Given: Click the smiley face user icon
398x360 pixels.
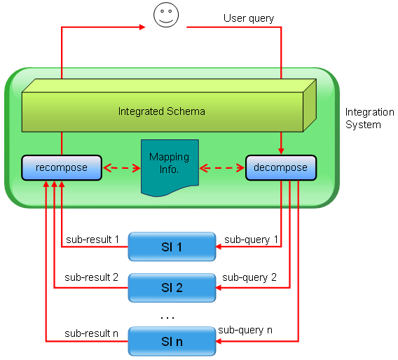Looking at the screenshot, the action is [x=166, y=15].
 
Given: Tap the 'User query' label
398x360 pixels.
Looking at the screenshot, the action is [x=249, y=18].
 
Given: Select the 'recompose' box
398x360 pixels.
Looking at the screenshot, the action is [x=62, y=167].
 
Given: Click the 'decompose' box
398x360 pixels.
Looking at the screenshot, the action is [x=281, y=167].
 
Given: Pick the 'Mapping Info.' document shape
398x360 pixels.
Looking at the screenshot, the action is [x=170, y=167].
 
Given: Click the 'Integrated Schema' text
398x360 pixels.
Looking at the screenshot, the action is [x=162, y=111].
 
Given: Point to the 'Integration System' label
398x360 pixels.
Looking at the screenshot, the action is [x=369, y=118].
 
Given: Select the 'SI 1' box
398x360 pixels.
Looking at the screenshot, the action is [x=172, y=247].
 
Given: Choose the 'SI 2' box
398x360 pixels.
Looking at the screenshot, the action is [x=172, y=288].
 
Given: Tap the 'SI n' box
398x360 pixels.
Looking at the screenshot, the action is [x=172, y=341].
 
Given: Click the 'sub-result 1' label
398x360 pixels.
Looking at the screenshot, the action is [x=92, y=240].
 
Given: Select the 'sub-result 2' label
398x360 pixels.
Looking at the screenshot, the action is [x=91, y=277].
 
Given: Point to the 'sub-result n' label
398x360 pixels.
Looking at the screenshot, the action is [x=91, y=333].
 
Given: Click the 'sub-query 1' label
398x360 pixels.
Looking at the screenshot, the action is [x=251, y=240].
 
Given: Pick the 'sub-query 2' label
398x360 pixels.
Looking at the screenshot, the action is [x=249, y=277].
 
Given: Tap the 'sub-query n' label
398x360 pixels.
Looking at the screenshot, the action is [x=245, y=330].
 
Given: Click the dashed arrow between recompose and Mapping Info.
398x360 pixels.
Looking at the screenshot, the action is [x=122, y=168].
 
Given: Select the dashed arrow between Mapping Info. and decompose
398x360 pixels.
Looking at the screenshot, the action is [x=222, y=168].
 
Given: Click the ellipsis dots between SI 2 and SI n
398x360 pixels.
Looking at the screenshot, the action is [x=167, y=317].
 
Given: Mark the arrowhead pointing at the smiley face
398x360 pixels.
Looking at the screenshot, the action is [x=142, y=27].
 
